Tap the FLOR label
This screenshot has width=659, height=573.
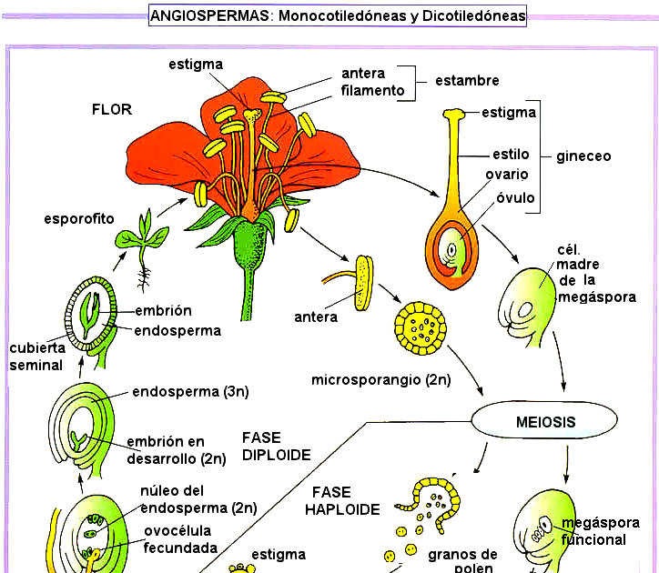[x=112, y=109]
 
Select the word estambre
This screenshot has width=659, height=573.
[x=467, y=80]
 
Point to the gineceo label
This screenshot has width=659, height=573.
[x=583, y=156]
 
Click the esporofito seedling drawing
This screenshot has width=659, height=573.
[x=141, y=241]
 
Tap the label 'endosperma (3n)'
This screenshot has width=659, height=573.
[x=190, y=392]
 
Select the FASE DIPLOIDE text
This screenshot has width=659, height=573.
[x=277, y=446]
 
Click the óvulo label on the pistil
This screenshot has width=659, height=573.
[x=515, y=197]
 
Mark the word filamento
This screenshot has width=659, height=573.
[x=372, y=90]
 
